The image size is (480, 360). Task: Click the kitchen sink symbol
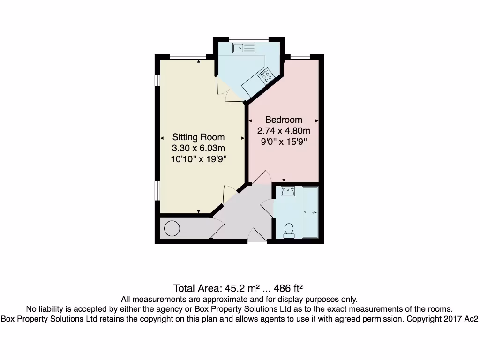point(244,47)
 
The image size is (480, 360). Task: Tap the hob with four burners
point(266,75)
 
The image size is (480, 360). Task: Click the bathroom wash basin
point(287,191)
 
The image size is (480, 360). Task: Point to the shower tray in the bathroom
point(310,212)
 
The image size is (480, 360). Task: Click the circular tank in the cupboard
point(172,229)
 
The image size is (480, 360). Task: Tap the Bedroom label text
point(284,120)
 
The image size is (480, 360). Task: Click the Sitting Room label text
point(198,137)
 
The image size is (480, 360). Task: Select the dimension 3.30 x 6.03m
point(198,148)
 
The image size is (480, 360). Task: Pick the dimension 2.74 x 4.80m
point(284,131)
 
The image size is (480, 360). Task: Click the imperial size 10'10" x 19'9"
point(198,159)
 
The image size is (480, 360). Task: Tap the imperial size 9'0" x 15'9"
point(284,142)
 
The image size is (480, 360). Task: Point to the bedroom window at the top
point(300,57)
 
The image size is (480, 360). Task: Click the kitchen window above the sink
point(248,38)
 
